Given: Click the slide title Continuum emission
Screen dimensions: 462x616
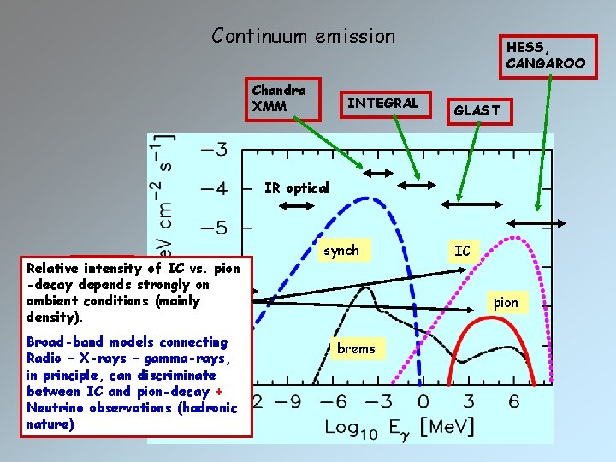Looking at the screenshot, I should point(304,36).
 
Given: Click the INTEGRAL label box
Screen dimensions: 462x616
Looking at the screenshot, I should point(382,104).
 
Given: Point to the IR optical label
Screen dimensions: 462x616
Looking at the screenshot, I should point(296,188).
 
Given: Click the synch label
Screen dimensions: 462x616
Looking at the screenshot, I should point(341,251).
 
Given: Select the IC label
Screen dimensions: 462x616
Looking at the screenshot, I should point(462,252).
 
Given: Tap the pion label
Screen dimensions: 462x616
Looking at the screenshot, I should point(506,303).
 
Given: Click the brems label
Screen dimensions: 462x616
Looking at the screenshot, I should point(356,348).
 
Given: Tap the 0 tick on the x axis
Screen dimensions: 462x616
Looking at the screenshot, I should point(423,401).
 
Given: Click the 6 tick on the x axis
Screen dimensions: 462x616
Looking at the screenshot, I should point(513,401).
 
